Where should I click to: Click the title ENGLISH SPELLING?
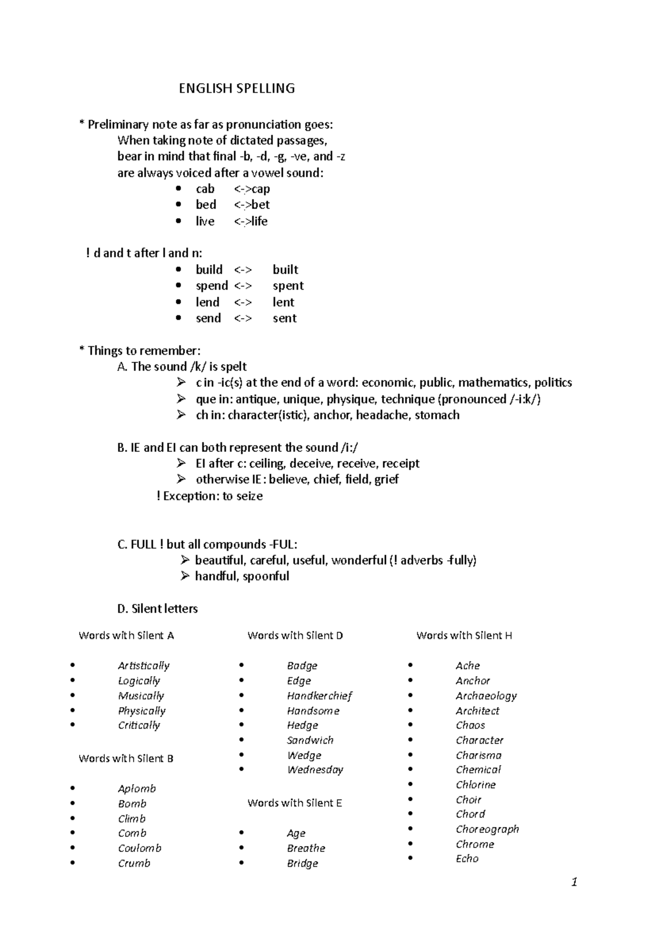click(x=236, y=89)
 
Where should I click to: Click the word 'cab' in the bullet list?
click(x=205, y=189)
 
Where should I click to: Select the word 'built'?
click(x=285, y=270)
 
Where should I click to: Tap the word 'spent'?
click(x=288, y=286)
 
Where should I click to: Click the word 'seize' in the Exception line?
click(x=249, y=496)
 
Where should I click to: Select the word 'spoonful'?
click(x=266, y=577)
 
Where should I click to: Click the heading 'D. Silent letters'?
click(x=157, y=609)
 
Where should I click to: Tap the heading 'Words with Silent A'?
click(x=126, y=636)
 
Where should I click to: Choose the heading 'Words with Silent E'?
click(x=295, y=803)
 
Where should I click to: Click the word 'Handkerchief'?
click(x=319, y=696)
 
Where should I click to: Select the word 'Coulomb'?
click(x=140, y=849)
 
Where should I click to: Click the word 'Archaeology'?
click(x=486, y=696)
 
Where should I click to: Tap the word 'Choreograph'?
click(x=487, y=829)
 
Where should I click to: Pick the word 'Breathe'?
click(x=306, y=849)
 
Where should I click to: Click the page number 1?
click(x=574, y=882)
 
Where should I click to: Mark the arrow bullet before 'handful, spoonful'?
click(x=185, y=576)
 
